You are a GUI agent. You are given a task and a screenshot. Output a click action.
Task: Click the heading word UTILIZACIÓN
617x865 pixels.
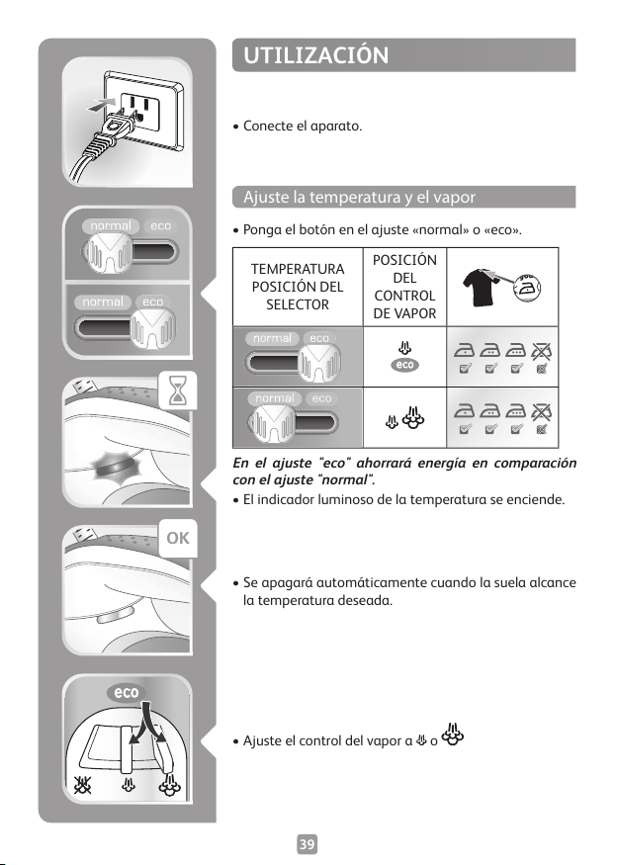tap(315, 55)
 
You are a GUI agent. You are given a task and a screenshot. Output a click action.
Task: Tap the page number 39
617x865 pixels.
tap(308, 844)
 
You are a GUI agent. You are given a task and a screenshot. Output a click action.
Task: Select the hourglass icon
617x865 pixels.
tap(177, 389)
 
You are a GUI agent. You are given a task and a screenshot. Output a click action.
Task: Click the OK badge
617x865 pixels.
tap(178, 538)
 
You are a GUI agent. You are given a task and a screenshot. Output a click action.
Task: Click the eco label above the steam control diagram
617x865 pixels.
tap(127, 692)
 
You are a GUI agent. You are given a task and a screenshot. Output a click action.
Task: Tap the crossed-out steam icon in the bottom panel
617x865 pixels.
tap(84, 785)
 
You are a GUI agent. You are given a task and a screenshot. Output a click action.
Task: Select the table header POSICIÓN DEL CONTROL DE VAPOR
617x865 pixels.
tap(404, 287)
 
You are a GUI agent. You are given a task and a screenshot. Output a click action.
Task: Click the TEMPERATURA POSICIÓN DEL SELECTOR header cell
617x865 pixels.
tap(298, 287)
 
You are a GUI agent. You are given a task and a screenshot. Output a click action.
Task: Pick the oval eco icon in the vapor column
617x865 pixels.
tap(405, 365)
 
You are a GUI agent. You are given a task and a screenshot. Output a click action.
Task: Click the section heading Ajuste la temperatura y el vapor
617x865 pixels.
tap(359, 197)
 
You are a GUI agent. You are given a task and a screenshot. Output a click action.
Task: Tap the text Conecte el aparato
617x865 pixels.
tap(303, 126)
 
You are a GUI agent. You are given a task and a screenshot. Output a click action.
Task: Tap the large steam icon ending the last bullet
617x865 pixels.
tap(453, 735)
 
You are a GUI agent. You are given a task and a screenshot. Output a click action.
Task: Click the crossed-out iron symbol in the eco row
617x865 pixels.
tap(542, 350)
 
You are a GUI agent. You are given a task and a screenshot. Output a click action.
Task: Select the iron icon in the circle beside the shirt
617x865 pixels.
tap(528, 288)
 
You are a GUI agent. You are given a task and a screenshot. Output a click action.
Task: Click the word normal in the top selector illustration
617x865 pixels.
tap(111, 226)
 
